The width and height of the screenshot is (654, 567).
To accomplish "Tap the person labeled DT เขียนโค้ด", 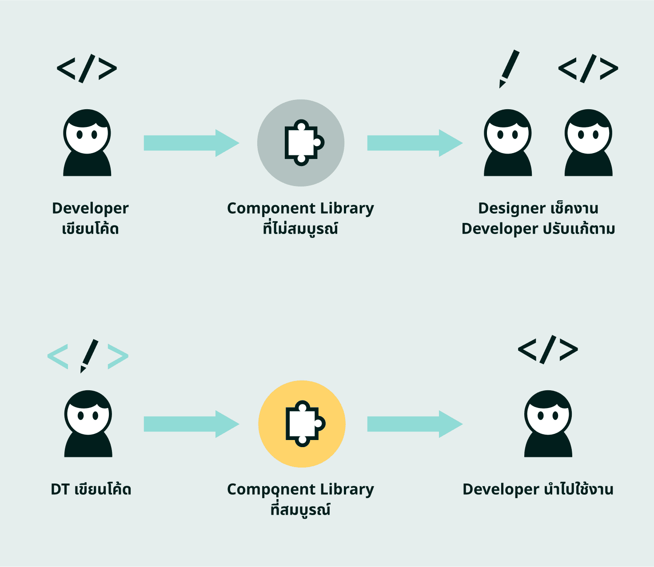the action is [x=88, y=424].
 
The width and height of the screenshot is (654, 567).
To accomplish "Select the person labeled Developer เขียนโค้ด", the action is [x=87, y=143].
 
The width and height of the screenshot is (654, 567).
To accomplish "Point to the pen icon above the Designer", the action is [x=509, y=68].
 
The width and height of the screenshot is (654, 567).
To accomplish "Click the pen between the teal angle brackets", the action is [x=89, y=356].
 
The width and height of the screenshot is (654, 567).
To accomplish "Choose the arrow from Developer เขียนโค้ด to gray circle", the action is [x=191, y=143].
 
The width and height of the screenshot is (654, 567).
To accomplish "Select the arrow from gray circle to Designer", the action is [x=415, y=143].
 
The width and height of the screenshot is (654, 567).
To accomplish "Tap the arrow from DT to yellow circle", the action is [x=191, y=424].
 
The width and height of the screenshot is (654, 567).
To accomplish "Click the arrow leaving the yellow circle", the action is [x=415, y=424].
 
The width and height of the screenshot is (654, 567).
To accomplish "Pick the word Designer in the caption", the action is [x=511, y=208].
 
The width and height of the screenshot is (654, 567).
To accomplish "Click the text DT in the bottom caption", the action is [x=60, y=489].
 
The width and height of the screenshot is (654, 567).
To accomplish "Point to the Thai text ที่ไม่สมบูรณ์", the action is [x=300, y=229].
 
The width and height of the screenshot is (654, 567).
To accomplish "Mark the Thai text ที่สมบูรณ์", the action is [x=300, y=509].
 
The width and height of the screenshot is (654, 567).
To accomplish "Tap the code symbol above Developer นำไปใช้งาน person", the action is [x=548, y=349].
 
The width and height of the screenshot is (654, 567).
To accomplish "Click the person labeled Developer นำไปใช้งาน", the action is [x=548, y=424].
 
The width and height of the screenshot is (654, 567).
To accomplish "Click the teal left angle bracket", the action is [x=58, y=356].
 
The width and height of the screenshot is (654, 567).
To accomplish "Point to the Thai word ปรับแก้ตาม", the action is [x=579, y=229].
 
